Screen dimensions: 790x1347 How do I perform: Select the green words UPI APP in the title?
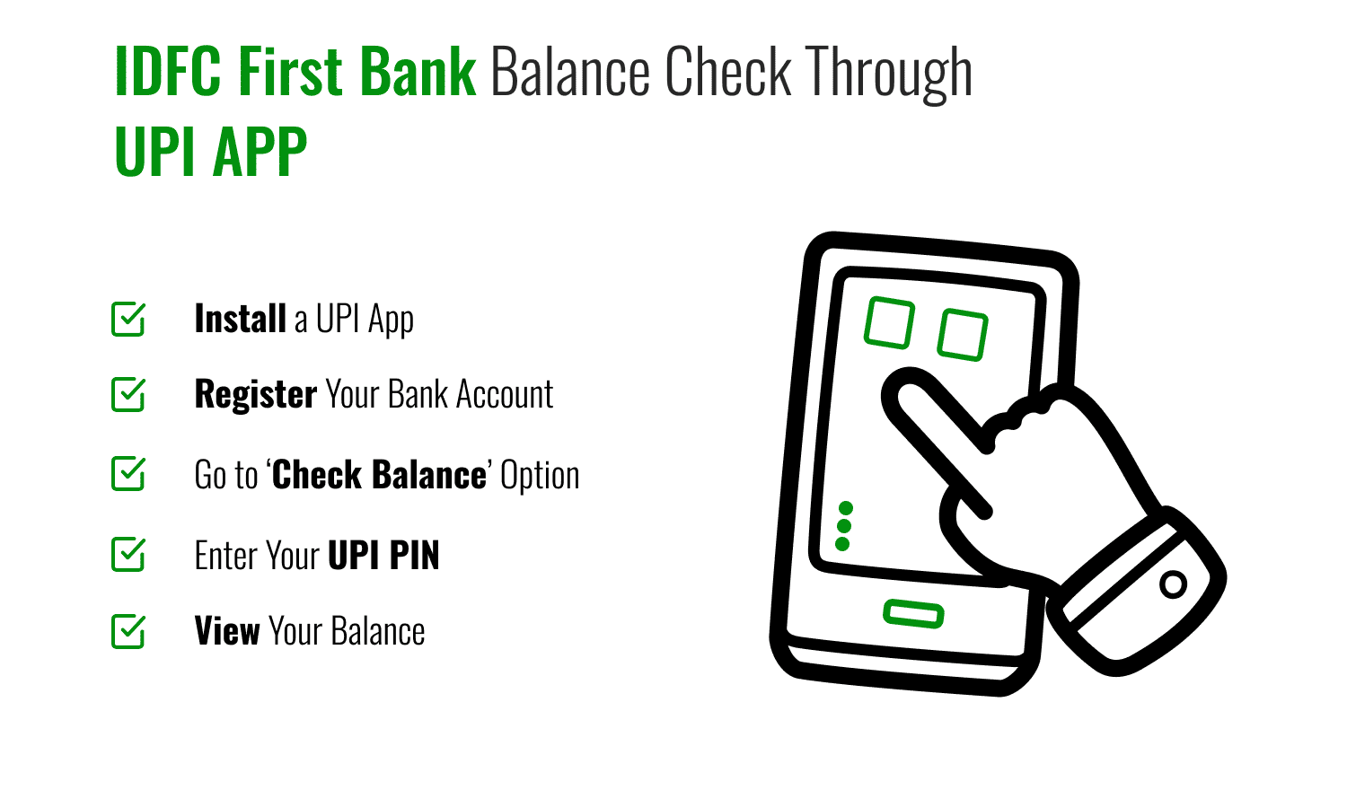(211, 152)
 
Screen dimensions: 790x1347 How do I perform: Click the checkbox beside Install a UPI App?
(128, 320)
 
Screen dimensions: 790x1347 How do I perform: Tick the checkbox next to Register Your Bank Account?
(128, 395)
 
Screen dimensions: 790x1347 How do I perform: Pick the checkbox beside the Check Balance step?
(128, 474)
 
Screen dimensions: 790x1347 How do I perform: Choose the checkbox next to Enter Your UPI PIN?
(128, 555)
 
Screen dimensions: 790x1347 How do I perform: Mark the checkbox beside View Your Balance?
(128, 631)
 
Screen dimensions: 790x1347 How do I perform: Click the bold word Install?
(240, 319)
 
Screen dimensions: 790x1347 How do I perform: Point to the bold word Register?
(256, 395)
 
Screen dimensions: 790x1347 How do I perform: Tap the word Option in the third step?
(540, 476)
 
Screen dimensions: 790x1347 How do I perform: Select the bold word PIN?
(414, 556)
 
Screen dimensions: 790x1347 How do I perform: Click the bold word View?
(227, 631)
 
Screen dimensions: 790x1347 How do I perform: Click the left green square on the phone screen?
(889, 323)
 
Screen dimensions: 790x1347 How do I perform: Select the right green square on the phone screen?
(963, 334)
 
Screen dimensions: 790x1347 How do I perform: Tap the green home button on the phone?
(913, 614)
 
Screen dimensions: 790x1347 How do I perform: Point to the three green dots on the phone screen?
(843, 526)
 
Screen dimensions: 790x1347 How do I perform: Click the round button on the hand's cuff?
(1173, 584)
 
